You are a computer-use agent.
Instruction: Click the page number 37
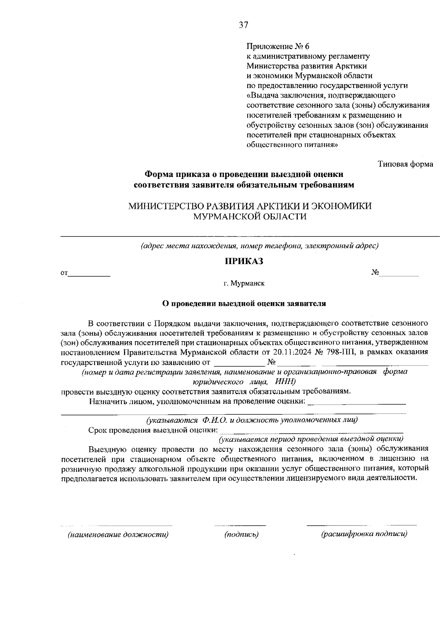243,25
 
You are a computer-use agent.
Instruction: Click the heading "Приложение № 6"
278,47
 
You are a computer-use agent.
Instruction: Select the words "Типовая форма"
405,164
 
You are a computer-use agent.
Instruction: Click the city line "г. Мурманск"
244,283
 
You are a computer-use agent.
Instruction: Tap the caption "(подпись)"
241,535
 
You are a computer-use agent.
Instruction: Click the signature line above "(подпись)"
240,525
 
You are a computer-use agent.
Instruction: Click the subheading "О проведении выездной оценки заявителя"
244,304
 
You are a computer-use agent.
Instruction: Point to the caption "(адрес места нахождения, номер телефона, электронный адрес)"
259,246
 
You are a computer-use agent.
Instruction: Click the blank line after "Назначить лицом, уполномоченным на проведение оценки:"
358,403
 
